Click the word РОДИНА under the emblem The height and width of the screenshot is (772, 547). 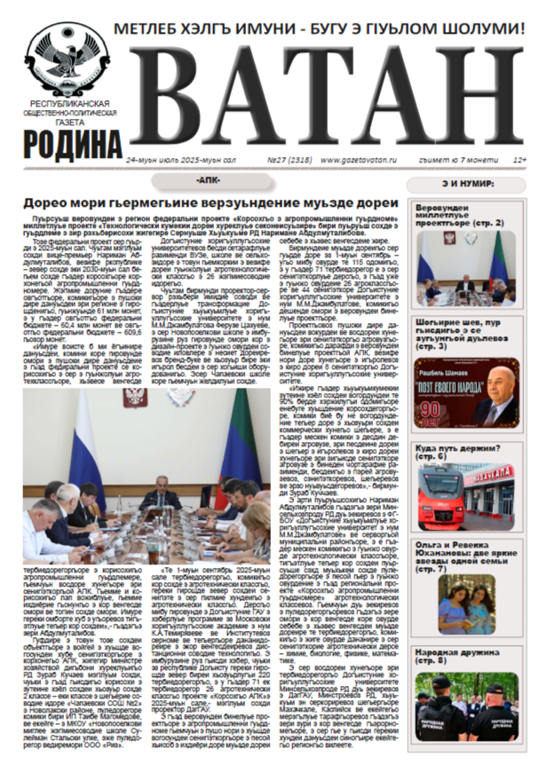pos(73,142)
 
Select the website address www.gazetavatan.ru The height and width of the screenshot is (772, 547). pos(355,160)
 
